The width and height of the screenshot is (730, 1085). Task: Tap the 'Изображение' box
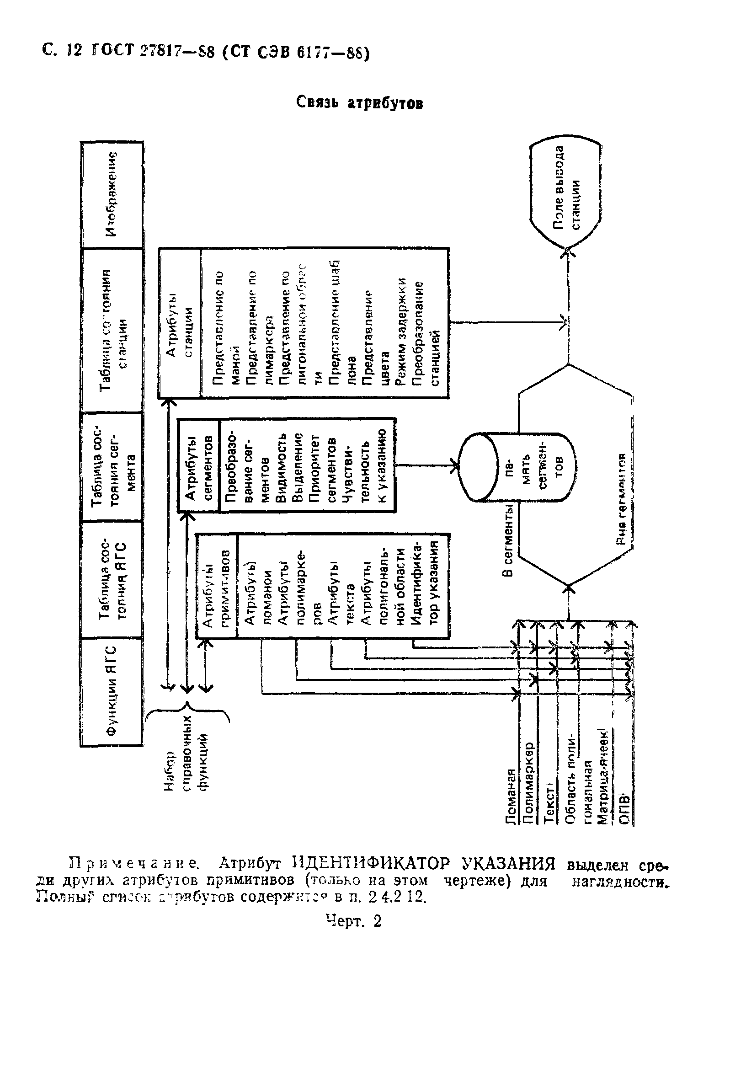click(x=112, y=194)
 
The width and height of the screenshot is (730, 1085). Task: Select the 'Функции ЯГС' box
click(x=112, y=691)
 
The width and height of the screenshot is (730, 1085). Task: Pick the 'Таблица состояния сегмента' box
click(x=112, y=466)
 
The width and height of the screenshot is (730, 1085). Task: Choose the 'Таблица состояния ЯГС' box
click(x=112, y=579)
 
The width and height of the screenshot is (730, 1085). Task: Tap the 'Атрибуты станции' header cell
click(x=180, y=323)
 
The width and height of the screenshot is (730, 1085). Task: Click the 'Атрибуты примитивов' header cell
click(x=217, y=585)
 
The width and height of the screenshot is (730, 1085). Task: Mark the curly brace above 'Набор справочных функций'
click(x=187, y=712)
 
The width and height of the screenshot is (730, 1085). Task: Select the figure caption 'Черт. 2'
click(x=353, y=920)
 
